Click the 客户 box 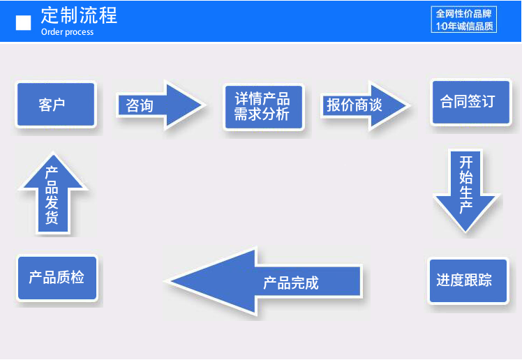coord(57,104)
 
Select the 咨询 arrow coord(161,105)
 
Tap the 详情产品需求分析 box coord(264,107)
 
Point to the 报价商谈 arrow coord(365,105)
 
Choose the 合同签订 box coord(471,102)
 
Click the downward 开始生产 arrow coord(466,191)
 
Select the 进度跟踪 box coord(468,280)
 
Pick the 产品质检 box coord(57,278)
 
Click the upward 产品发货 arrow coord(52,193)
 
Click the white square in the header coord(23,22)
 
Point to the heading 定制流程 coord(79,15)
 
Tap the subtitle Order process coord(67,32)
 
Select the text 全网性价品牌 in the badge coord(464,14)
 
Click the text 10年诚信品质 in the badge coord(464,26)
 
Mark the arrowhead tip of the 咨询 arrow coord(206,105)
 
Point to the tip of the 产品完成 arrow coord(166,281)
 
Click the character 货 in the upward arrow coord(52,218)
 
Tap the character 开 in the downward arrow coord(466,163)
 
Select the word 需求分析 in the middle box coord(262,114)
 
